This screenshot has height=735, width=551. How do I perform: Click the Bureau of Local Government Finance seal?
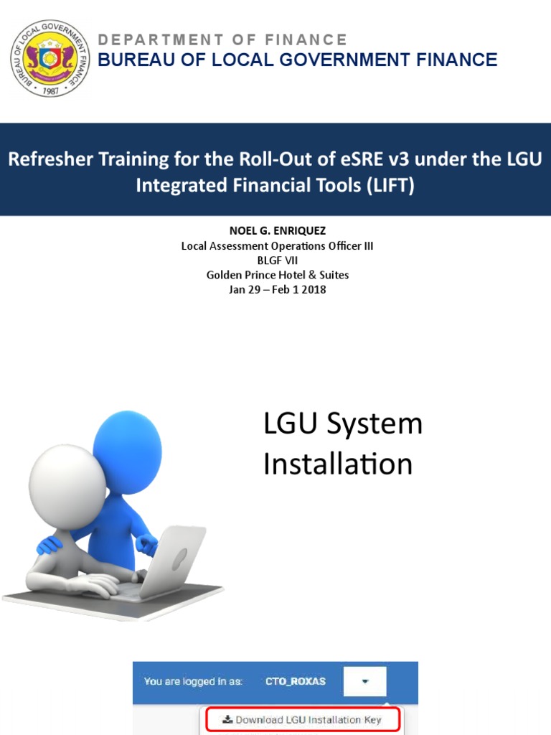[50, 58]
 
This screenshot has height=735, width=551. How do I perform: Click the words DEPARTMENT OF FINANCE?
[222, 39]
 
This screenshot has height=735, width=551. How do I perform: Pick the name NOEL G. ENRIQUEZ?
[277, 232]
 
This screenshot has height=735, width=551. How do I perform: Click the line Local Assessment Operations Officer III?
[277, 246]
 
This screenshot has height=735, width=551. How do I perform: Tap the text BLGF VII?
[277, 261]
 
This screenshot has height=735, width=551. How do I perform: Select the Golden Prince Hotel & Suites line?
[277, 275]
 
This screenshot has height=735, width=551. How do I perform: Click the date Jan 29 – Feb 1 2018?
[277, 290]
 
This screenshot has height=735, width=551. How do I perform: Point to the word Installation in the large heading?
[338, 464]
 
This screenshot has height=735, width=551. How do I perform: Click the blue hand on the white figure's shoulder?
[50, 545]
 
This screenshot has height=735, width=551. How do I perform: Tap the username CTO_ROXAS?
[295, 681]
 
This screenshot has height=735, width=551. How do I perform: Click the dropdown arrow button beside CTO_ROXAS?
[364, 681]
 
